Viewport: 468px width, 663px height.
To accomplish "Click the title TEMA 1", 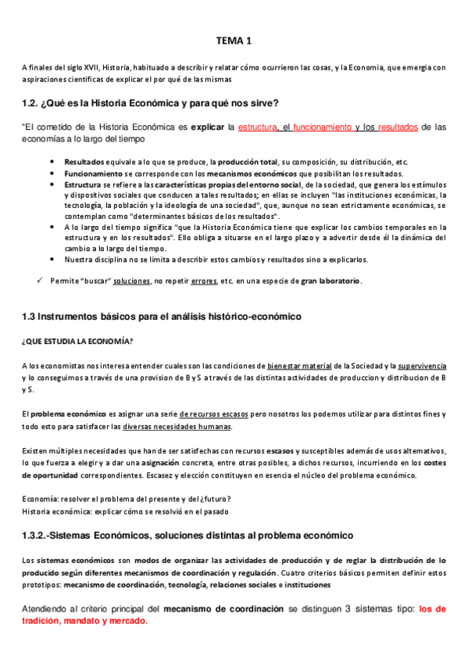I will tap(234, 41).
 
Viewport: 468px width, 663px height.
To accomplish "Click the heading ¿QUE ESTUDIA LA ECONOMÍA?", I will tap(77, 341).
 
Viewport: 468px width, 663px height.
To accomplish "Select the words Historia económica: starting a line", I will tap(55, 511).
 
